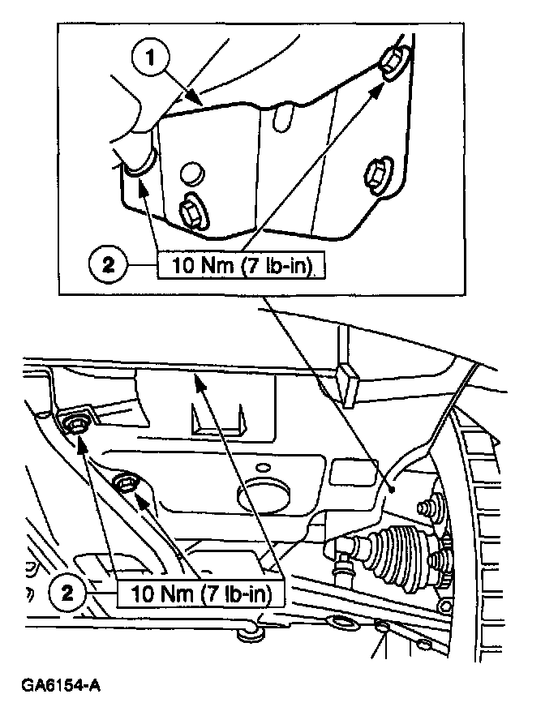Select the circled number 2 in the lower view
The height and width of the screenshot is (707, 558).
click(72, 593)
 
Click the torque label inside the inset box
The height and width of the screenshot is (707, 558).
click(240, 266)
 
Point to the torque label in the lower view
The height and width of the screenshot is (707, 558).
click(203, 593)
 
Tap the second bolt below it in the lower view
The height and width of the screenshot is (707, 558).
click(127, 484)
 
